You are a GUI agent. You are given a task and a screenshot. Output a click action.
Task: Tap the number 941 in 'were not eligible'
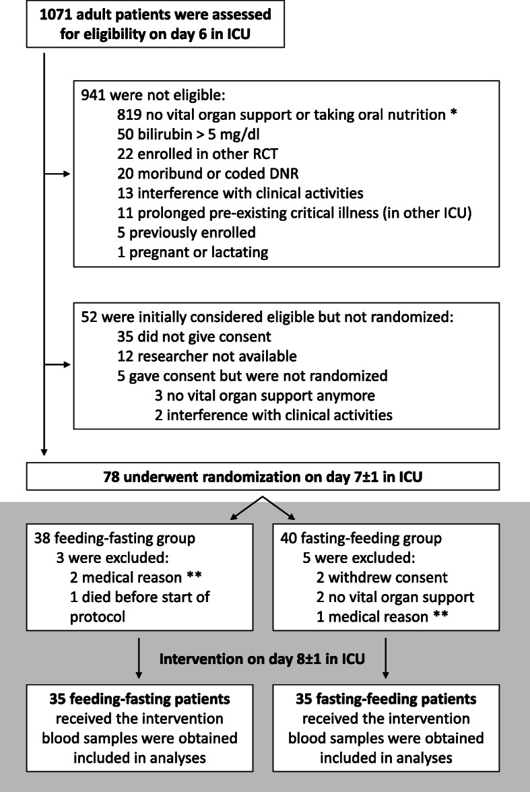93,95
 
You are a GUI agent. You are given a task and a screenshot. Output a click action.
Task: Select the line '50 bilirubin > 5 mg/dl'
189,135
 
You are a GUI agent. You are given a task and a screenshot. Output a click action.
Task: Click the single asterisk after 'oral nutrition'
453,113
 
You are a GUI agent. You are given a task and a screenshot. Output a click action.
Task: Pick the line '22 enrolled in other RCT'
197,154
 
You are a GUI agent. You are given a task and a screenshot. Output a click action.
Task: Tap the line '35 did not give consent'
194,337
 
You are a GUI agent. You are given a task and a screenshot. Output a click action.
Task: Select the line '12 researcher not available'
207,357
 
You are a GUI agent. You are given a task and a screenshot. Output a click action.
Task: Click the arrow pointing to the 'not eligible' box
57,174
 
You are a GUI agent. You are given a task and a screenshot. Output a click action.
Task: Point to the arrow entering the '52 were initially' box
57,365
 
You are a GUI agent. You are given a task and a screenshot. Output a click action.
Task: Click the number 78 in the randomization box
111,477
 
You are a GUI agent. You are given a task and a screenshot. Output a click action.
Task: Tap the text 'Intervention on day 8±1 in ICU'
262,659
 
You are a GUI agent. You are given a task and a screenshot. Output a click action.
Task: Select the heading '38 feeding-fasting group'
114,539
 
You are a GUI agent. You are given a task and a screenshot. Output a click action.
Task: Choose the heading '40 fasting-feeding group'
361,539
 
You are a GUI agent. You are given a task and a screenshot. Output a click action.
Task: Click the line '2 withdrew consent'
382,578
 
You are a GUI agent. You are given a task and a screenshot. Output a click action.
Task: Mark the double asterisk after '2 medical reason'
195,576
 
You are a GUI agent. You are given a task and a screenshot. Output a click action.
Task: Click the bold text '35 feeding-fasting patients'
139,699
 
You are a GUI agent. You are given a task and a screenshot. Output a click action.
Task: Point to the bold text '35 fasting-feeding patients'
386,699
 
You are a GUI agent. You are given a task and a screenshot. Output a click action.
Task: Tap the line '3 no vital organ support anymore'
265,395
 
